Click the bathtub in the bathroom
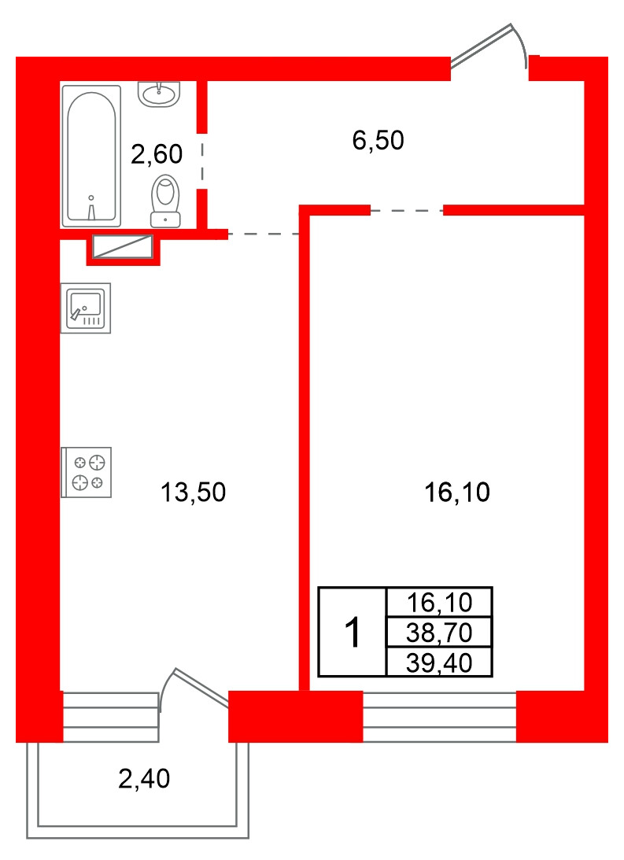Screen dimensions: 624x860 click(91, 156)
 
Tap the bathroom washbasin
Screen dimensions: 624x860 click(158, 94)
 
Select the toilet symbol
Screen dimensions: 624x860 click(165, 201)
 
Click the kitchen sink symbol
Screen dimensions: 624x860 click(86, 308)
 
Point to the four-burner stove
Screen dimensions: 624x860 click(86, 472)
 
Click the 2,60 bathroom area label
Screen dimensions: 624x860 click(157, 154)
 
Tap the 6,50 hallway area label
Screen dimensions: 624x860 click(378, 140)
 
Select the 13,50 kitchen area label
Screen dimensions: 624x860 click(193, 492)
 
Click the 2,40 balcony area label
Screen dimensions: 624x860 click(144, 779)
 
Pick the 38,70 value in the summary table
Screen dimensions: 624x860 click(439, 633)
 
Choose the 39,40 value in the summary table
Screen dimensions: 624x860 click(439, 663)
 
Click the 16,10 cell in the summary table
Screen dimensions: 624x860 click(439, 603)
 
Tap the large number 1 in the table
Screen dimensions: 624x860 click(353, 632)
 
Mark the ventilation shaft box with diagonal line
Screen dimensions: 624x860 click(122, 246)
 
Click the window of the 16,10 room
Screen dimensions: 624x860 click(440, 716)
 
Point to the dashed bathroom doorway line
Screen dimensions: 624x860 click(202, 161)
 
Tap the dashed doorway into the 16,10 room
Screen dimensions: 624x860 click(407, 210)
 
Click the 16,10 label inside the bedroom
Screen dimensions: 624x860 click(457, 492)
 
